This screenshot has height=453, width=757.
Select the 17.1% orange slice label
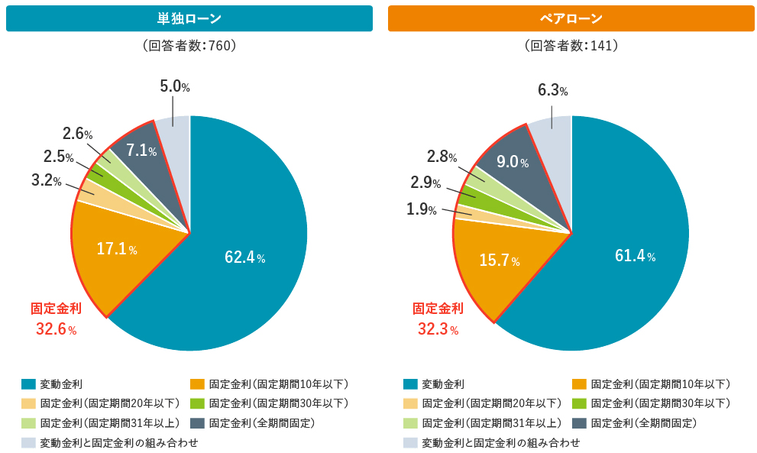tap(117, 248)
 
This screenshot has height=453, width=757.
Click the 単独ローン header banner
tap(189, 18)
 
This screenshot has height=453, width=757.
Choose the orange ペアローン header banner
tap(571, 18)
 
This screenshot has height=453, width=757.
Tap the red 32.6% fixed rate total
tap(56, 329)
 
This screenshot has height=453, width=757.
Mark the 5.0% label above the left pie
tap(175, 87)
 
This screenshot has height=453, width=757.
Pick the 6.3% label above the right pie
tap(552, 90)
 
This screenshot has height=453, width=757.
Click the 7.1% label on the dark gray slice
tap(141, 150)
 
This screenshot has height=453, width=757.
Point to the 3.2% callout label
tap(46, 180)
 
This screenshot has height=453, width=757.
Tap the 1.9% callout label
tap(422, 209)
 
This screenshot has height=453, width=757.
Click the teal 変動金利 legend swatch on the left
tap(28, 383)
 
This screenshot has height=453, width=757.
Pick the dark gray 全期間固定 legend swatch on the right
tap(579, 422)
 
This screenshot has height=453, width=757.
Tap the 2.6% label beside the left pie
tap(77, 134)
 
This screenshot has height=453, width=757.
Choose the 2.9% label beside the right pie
tap(425, 183)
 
